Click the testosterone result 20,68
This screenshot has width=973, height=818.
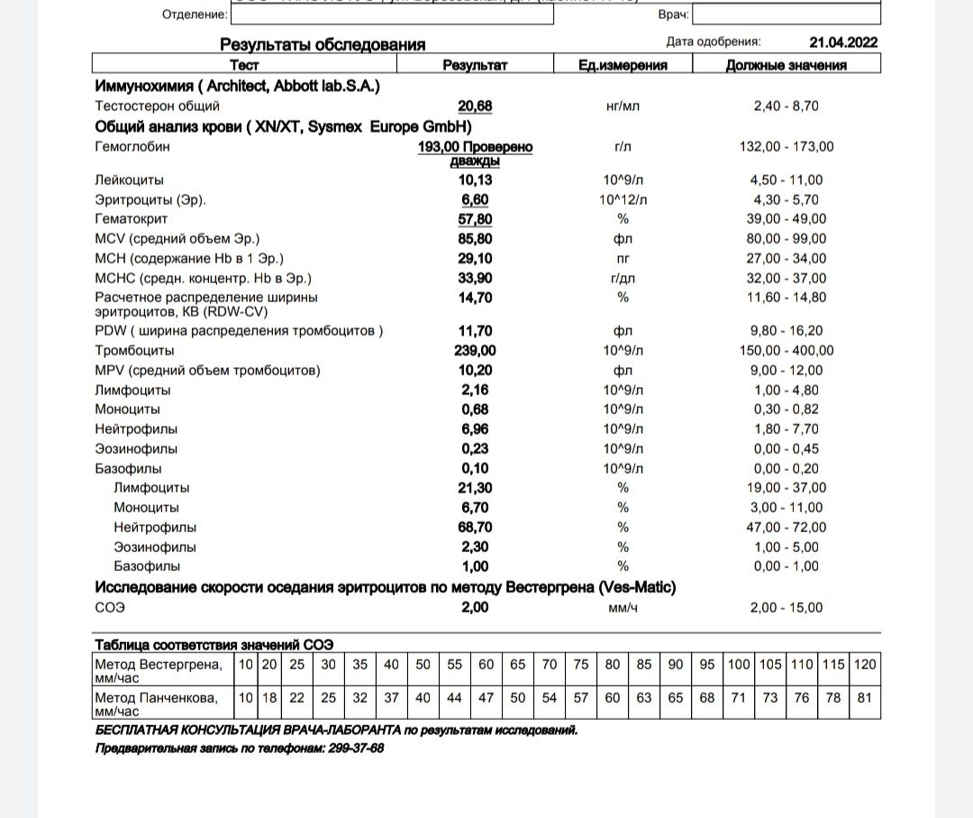(475, 106)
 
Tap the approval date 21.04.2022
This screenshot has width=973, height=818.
(843, 42)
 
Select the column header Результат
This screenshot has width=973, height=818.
(475, 65)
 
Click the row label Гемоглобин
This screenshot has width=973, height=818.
(132, 146)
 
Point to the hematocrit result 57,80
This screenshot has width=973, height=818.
(475, 219)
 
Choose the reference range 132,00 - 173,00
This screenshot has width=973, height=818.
(787, 147)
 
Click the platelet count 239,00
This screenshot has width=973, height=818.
(475, 351)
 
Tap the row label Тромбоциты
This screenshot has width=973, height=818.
(134, 351)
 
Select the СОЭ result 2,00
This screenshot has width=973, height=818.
(475, 608)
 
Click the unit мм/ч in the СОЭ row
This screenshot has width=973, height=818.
(623, 608)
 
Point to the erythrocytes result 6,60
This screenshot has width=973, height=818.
(475, 199)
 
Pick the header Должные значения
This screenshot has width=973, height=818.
(787, 65)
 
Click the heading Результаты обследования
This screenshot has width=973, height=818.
(323, 44)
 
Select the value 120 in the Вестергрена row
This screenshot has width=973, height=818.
(865, 665)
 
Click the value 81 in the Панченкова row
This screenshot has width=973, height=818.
(865, 698)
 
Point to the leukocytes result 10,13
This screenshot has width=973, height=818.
(475, 180)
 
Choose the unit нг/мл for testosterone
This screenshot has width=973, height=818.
(623, 106)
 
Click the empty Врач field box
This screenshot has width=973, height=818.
(787, 14)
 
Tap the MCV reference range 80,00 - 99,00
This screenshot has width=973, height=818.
(787, 239)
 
